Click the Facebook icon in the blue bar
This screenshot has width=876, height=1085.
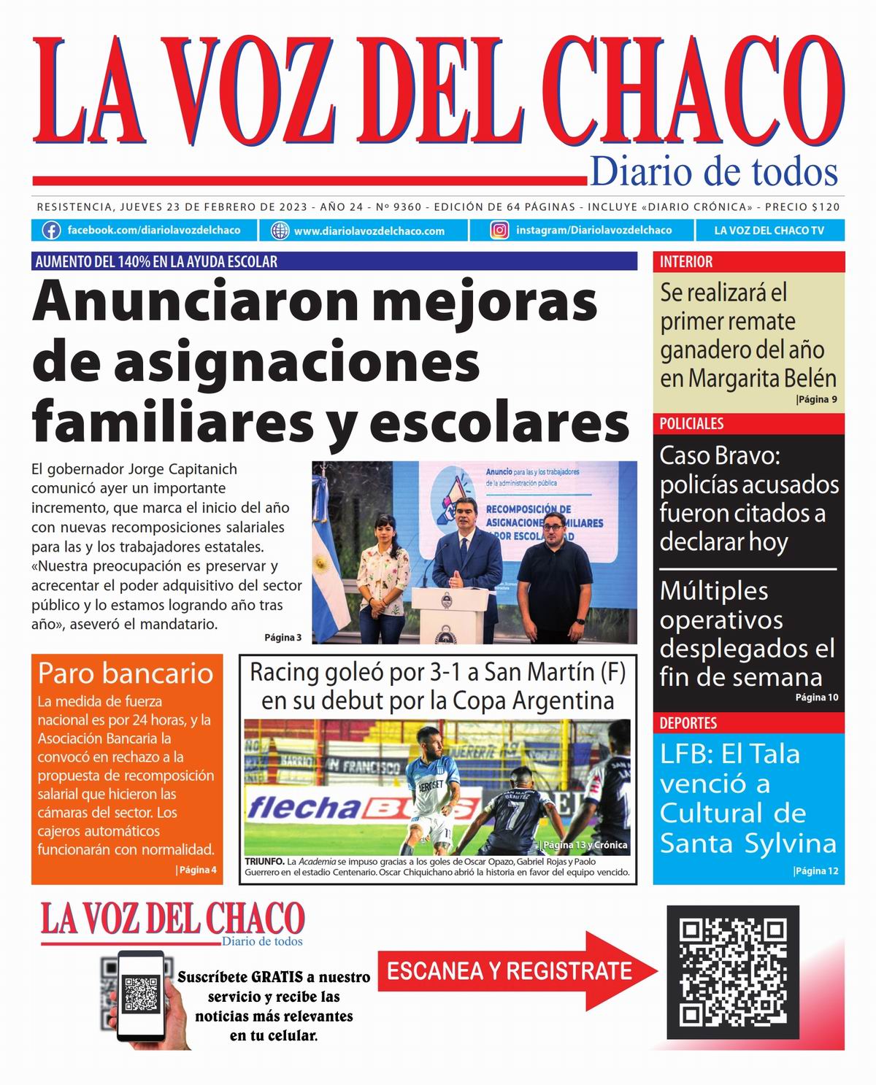51,231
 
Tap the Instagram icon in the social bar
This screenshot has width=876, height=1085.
500,231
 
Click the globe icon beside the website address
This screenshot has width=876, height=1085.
280,231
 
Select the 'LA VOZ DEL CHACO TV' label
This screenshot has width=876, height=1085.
769,231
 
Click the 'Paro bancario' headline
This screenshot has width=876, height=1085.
126,673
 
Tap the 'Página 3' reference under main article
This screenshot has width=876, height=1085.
283,638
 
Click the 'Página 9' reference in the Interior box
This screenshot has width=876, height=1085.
817,399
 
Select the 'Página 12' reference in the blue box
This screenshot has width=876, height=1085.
816,871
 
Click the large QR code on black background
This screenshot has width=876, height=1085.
734,972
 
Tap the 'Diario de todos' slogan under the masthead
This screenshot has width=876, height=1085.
713,172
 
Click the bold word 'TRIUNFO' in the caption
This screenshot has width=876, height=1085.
265,862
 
